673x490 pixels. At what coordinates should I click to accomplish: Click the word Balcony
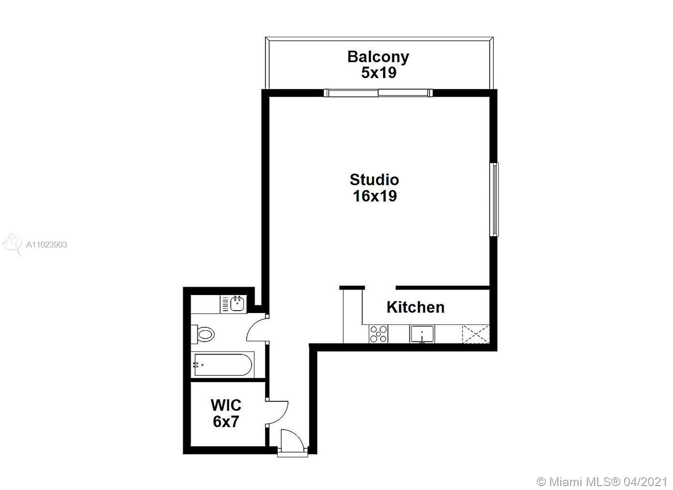(x=378, y=57)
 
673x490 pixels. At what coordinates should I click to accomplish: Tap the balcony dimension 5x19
(x=379, y=73)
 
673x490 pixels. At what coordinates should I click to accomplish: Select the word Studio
(x=374, y=180)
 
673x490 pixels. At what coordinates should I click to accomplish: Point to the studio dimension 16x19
(x=375, y=196)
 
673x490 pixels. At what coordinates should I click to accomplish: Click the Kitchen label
(x=415, y=307)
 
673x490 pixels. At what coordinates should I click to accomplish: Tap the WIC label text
(x=226, y=405)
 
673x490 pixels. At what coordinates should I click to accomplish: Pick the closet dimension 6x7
(x=226, y=421)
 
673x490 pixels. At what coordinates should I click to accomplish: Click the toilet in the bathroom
(x=203, y=334)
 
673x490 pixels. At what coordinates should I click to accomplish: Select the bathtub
(x=223, y=365)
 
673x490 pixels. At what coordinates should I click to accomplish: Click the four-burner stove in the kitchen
(x=378, y=334)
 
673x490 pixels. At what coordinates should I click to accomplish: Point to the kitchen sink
(x=422, y=334)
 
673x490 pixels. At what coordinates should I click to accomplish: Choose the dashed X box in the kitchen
(x=476, y=334)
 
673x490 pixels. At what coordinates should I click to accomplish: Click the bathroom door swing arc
(x=251, y=325)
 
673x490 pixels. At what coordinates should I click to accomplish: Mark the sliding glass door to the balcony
(x=378, y=93)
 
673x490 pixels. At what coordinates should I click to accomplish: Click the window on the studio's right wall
(x=494, y=199)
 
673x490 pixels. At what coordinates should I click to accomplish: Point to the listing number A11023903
(x=47, y=245)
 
